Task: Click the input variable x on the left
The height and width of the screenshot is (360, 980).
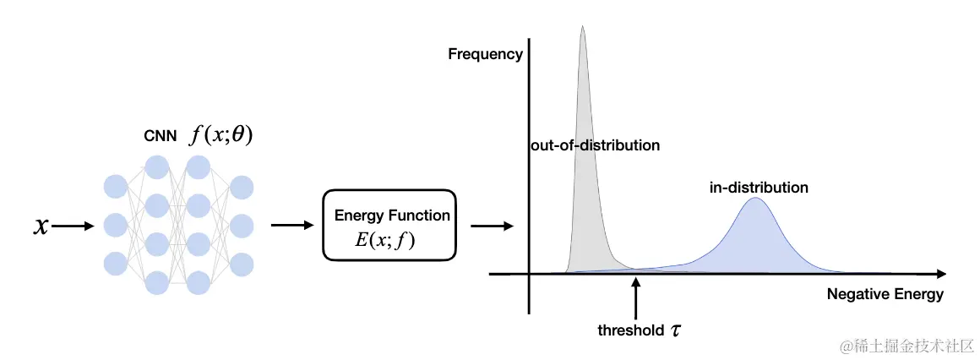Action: pyautogui.click(x=41, y=226)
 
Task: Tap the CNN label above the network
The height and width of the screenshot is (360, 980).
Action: pyautogui.click(x=160, y=137)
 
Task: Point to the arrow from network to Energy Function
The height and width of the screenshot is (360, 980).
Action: pyautogui.click(x=291, y=226)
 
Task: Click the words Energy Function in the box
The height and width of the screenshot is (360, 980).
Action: pyautogui.click(x=392, y=215)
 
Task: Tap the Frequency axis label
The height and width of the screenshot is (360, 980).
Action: pyautogui.click(x=486, y=54)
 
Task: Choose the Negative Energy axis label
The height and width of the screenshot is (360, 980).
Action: pyautogui.click(x=885, y=295)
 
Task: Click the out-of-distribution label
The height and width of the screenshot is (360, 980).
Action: pyautogui.click(x=595, y=145)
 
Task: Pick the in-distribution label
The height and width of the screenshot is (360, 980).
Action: pyautogui.click(x=759, y=188)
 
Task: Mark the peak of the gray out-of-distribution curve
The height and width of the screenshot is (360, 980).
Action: pyautogui.click(x=582, y=27)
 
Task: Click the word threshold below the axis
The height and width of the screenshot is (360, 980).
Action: pyautogui.click(x=630, y=330)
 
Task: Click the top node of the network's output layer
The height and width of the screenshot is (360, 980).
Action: pyautogui.click(x=242, y=188)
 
